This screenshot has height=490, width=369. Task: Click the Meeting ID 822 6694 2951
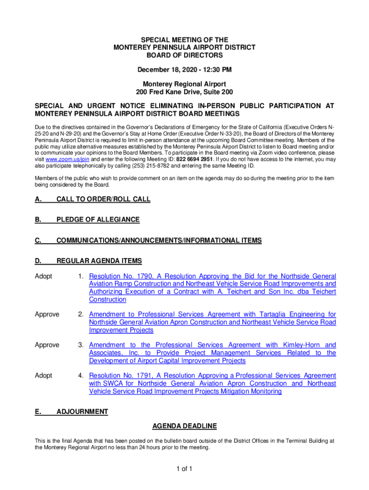[x=196, y=159]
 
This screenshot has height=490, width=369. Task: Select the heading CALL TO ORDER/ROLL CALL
[x=104, y=199]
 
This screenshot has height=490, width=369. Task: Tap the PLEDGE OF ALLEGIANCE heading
[x=98, y=220]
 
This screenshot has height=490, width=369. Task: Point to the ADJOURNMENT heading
[x=82, y=412]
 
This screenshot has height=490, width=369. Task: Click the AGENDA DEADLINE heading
[x=184, y=426]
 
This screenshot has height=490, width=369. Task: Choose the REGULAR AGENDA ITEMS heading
[x=99, y=261]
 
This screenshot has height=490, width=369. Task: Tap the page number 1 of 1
[x=184, y=468]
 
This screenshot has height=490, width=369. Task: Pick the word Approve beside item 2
[x=47, y=314]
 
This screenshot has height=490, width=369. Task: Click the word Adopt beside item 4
[x=44, y=376]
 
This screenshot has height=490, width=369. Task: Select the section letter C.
[x=37, y=241]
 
